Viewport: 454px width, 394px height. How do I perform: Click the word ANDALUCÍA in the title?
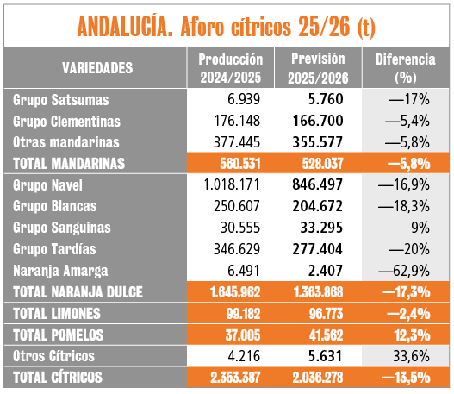pos(125,27)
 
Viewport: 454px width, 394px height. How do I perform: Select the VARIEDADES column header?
pos(97,68)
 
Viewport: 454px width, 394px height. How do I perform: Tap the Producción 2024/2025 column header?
pos(231,68)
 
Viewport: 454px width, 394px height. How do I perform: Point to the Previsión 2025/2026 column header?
pos(318,68)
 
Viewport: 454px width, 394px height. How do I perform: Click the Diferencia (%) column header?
pos(406,68)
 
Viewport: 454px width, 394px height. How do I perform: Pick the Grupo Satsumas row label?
pos(61,100)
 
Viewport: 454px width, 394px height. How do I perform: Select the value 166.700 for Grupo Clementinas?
pos(318,121)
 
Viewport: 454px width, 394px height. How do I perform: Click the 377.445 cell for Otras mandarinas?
pos(237,142)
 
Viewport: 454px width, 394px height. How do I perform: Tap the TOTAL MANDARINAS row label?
pos(69,164)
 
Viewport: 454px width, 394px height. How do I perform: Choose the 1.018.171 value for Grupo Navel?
pos(232,184)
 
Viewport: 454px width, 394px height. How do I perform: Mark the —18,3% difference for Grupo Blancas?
pos(404,206)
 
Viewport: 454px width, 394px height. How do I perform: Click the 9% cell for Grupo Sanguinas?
pos(420,228)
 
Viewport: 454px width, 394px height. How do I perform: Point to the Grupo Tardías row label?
pos(54,249)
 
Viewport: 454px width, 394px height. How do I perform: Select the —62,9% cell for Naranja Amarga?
pos(404,271)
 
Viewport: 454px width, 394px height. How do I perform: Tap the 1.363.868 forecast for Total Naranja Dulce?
pos(319,292)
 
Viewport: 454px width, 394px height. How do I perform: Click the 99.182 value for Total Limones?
pos(243,314)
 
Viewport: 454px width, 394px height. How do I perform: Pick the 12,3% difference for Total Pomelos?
pos(412,335)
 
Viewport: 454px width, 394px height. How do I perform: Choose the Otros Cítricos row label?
pos(54,356)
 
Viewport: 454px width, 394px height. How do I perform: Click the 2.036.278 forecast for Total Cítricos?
pos(318,378)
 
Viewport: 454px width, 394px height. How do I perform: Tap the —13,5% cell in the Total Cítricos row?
pos(406,378)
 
